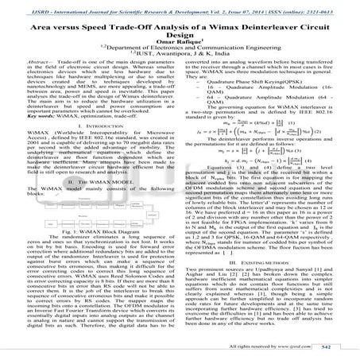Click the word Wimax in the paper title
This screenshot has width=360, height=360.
coord(218,27)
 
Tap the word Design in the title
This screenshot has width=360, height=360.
coord(180,37)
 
